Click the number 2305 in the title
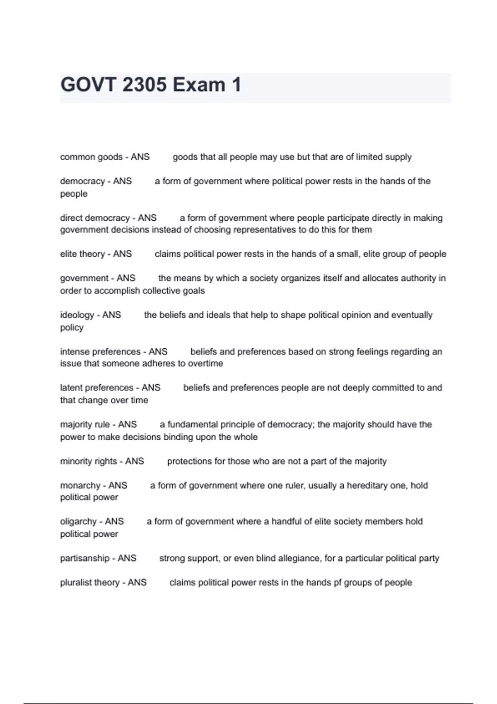[x=145, y=85]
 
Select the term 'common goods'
[x=91, y=157]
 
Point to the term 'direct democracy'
[x=95, y=218]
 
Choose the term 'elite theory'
[x=82, y=254]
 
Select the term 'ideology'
[x=77, y=315]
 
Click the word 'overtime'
[x=205, y=364]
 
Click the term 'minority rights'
[x=88, y=461]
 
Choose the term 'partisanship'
[x=85, y=558]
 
